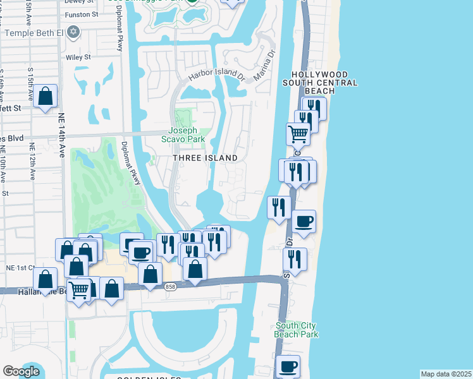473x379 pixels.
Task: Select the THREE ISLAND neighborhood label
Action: point(206,158)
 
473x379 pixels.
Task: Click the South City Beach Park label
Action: point(297,330)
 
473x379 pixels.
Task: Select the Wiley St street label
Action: point(78,57)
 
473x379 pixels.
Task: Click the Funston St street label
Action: point(84,13)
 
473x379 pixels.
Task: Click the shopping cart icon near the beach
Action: point(298,133)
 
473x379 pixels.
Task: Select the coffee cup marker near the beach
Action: point(304,221)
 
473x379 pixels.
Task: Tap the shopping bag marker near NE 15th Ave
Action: point(46,97)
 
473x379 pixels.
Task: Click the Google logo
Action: point(21,371)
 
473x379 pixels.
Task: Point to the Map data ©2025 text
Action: point(446,374)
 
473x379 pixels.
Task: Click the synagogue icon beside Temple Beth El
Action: point(73,32)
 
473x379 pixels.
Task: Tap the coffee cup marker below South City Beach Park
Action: point(288,366)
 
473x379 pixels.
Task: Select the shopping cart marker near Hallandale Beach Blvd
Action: point(79,290)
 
